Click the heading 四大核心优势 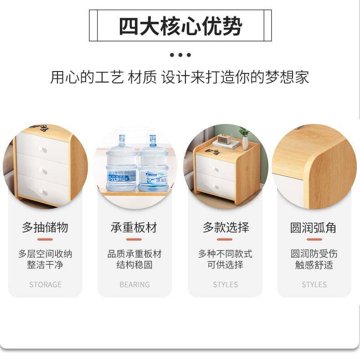pos(180,26)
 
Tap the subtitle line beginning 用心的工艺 pos(180,77)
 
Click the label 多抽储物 pos(45,227)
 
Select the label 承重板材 pos(134,227)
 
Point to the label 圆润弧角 pos(314,227)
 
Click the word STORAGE pos(45,284)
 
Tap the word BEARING pos(134,284)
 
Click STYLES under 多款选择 pos(225,284)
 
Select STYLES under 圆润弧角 pos(314,284)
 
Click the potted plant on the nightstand pos(245,138)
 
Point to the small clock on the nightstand pos(223,139)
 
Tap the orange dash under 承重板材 pos(134,239)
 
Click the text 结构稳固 pos(134,265)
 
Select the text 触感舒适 pos(314,265)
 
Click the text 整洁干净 pos(45,265)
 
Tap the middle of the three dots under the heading pos(180,55)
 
